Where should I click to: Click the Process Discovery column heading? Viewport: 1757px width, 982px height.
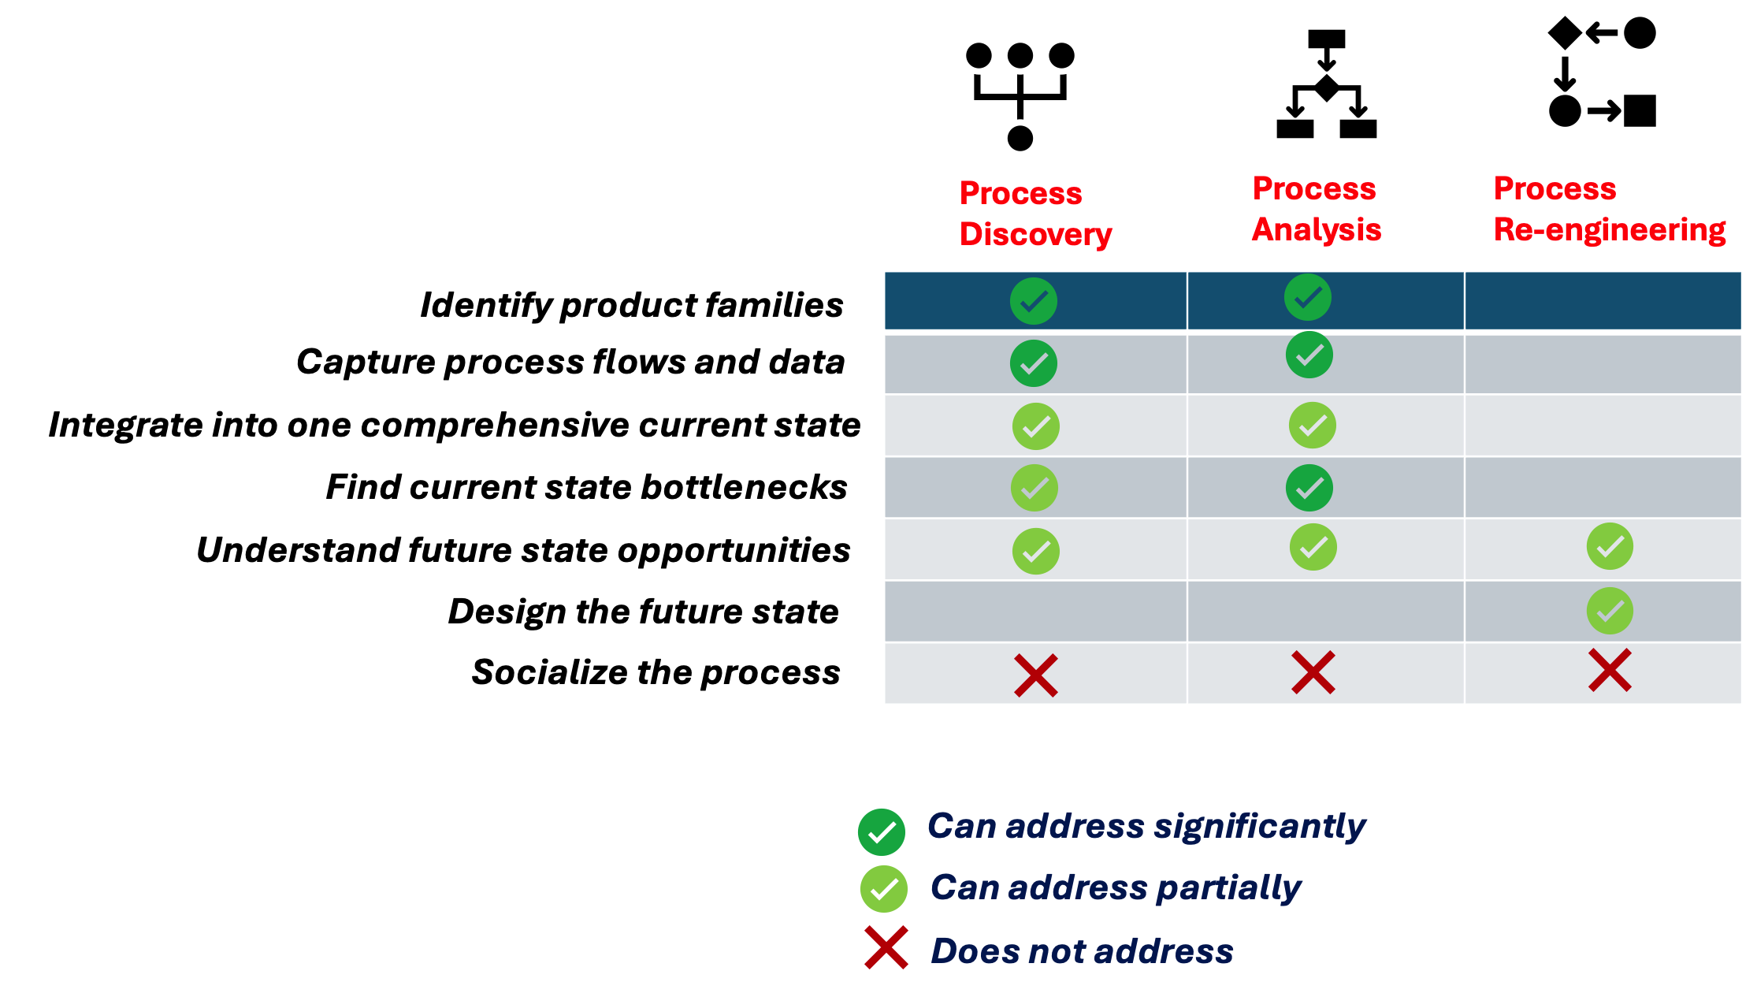tap(1035, 214)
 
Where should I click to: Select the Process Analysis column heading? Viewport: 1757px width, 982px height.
tap(1316, 209)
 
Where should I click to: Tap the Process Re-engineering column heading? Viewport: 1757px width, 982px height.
tap(1609, 209)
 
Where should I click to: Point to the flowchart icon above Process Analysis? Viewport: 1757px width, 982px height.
tap(1326, 84)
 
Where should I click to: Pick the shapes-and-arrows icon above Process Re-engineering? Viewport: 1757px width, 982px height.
tap(1602, 73)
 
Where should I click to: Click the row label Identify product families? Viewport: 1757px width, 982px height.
tap(631, 305)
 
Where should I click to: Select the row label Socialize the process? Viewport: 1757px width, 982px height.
tap(656, 672)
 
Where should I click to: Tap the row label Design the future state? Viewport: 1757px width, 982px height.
tap(643, 612)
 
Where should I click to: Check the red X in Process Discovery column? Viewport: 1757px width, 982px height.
tap(1035, 675)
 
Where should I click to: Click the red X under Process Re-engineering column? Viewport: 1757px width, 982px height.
tap(1610, 671)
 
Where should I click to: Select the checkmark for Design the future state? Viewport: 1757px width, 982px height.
tap(1610, 611)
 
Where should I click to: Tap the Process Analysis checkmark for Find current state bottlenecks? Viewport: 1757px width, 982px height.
tap(1309, 488)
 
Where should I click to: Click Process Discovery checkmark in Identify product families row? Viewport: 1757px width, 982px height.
tap(1033, 301)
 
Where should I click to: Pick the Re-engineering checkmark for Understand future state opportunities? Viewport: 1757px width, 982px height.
tap(1610, 546)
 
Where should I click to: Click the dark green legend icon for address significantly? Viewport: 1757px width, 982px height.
tap(881, 832)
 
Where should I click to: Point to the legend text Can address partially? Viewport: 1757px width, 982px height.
tap(1115, 887)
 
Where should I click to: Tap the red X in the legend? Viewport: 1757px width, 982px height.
tap(886, 948)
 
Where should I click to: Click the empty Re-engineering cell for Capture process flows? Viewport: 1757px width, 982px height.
tap(1603, 364)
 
